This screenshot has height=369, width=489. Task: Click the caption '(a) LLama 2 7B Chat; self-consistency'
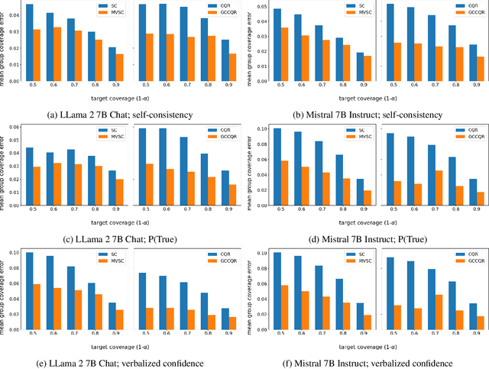pyautogui.click(x=121, y=115)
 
